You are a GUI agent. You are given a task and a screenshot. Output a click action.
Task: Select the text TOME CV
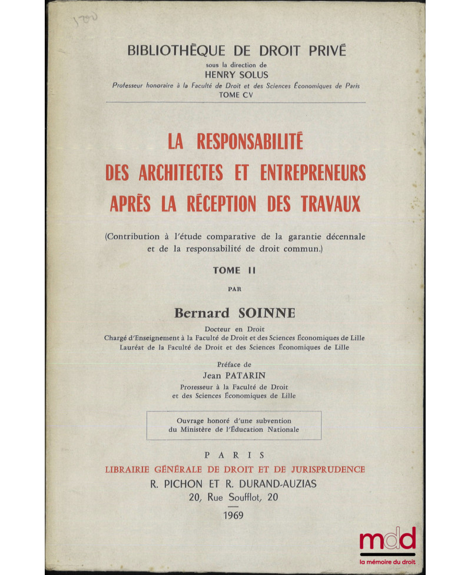[235, 94]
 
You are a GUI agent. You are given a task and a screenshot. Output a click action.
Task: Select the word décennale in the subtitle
[345, 236]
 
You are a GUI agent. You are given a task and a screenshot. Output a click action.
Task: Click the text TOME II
[235, 270]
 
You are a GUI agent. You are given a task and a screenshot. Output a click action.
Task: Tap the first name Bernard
[199, 313]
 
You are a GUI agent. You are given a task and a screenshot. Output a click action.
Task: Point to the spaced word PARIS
[235, 455]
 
